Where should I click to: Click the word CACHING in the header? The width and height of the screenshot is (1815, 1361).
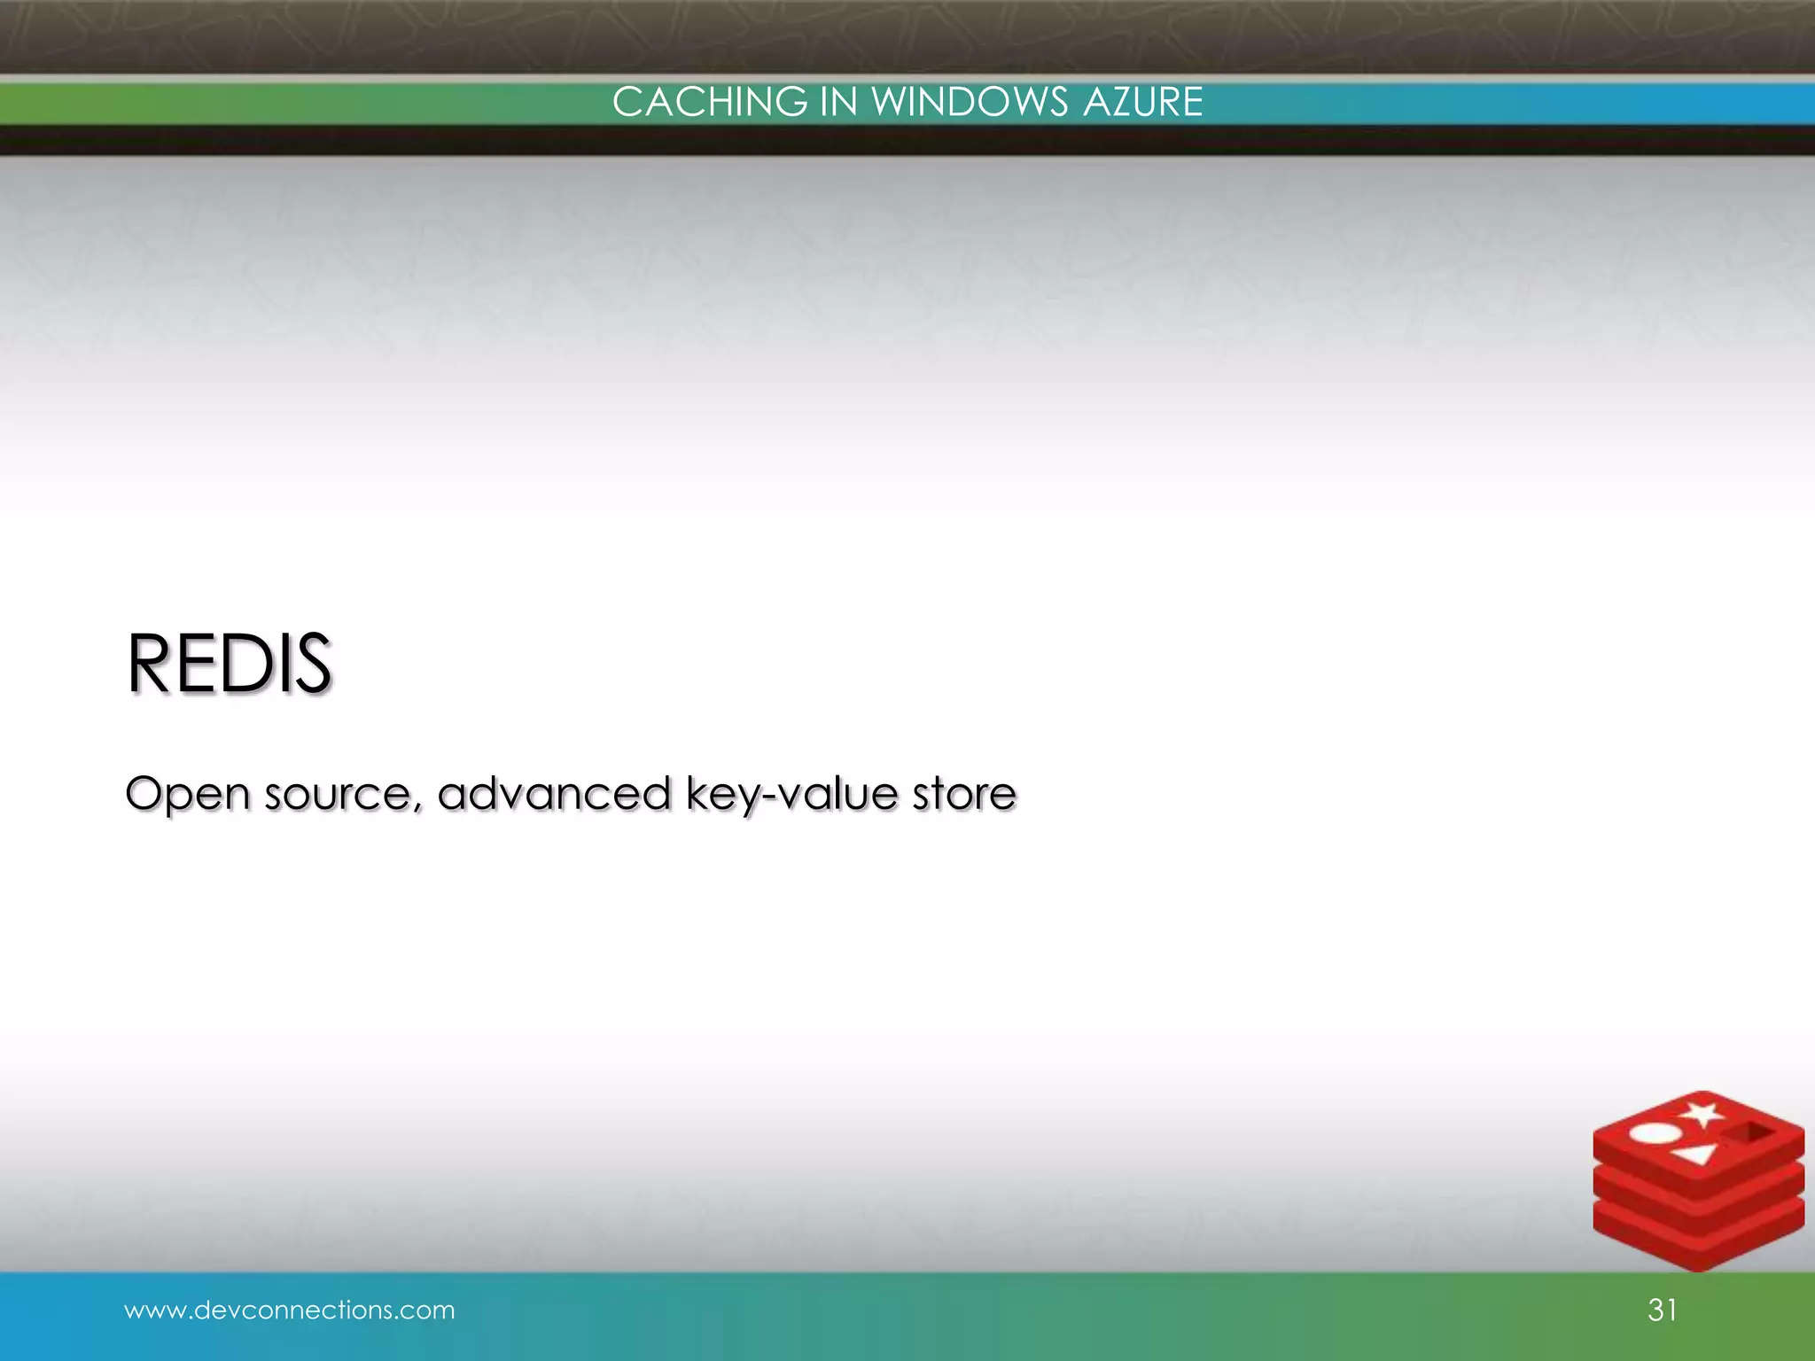pyautogui.click(x=709, y=102)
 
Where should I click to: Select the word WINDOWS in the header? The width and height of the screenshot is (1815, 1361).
pyautogui.click(x=970, y=102)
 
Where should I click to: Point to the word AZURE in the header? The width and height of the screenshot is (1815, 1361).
pyautogui.click(x=1142, y=102)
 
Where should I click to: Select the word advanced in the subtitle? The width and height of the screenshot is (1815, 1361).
pyautogui.click(x=554, y=792)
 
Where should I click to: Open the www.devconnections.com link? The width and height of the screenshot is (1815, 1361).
pyautogui.click(x=289, y=1310)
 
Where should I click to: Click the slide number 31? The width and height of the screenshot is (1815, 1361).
pyautogui.click(x=1662, y=1310)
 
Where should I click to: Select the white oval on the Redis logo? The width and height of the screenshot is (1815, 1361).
pyautogui.click(x=1655, y=1158)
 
